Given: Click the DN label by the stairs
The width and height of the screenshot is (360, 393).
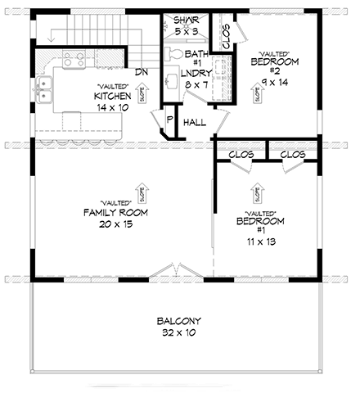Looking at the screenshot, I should [141, 71].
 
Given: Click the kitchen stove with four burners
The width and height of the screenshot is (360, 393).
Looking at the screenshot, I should [72, 59].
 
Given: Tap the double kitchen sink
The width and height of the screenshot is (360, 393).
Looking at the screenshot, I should [46, 91].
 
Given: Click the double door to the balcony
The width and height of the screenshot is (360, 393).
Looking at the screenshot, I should [173, 272].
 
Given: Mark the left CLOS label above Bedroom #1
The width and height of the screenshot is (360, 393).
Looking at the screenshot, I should [241, 154].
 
